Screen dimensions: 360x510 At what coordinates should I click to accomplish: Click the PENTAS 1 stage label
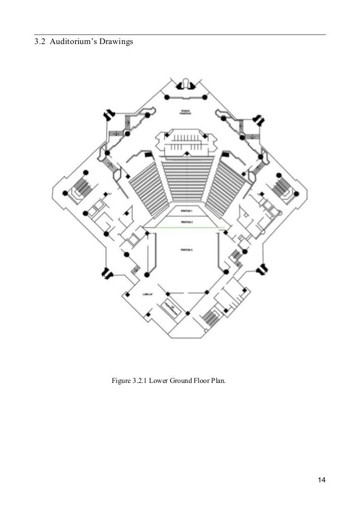[186, 210]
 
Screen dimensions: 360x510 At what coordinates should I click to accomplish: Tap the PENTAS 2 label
[186, 222]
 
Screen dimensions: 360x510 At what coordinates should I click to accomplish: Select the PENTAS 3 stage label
[186, 250]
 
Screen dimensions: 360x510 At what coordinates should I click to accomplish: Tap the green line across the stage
[186, 228]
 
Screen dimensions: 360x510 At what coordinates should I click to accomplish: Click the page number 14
[321, 480]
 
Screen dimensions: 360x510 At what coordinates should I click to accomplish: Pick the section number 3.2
[40, 42]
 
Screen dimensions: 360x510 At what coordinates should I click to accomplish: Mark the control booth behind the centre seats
[186, 141]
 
